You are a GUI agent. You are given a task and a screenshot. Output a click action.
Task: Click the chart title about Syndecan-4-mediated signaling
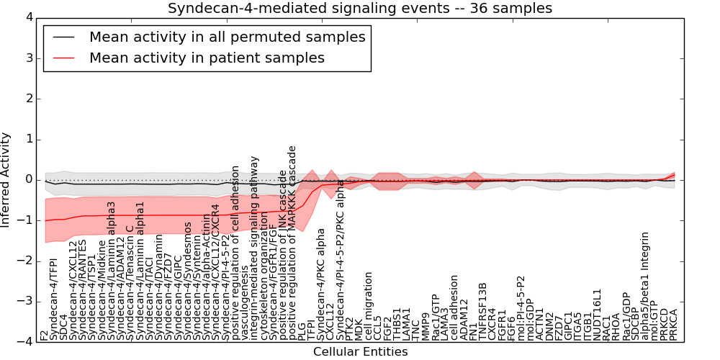360,9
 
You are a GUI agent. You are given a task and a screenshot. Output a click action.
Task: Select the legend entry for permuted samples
227,37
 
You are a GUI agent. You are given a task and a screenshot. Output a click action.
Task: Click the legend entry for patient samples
207,58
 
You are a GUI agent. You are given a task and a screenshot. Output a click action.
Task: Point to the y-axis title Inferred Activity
6,179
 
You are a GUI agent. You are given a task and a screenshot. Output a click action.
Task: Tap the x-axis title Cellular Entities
360,352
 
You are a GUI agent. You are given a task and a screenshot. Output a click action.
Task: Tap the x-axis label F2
45,335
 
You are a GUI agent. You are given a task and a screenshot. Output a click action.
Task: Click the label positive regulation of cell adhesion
235,253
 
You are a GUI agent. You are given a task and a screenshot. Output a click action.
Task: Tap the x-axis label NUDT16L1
597,314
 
